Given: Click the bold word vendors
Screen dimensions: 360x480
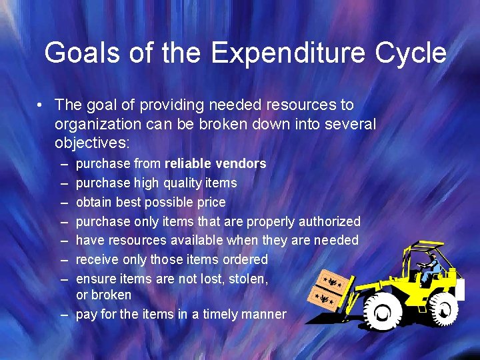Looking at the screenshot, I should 242,163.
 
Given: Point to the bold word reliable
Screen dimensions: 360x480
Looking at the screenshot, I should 189,163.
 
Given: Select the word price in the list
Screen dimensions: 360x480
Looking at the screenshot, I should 209,202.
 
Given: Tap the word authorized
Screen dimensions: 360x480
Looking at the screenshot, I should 329,221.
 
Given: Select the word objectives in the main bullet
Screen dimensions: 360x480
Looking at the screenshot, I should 91,143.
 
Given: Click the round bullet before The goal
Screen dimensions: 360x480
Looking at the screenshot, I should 41,105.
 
